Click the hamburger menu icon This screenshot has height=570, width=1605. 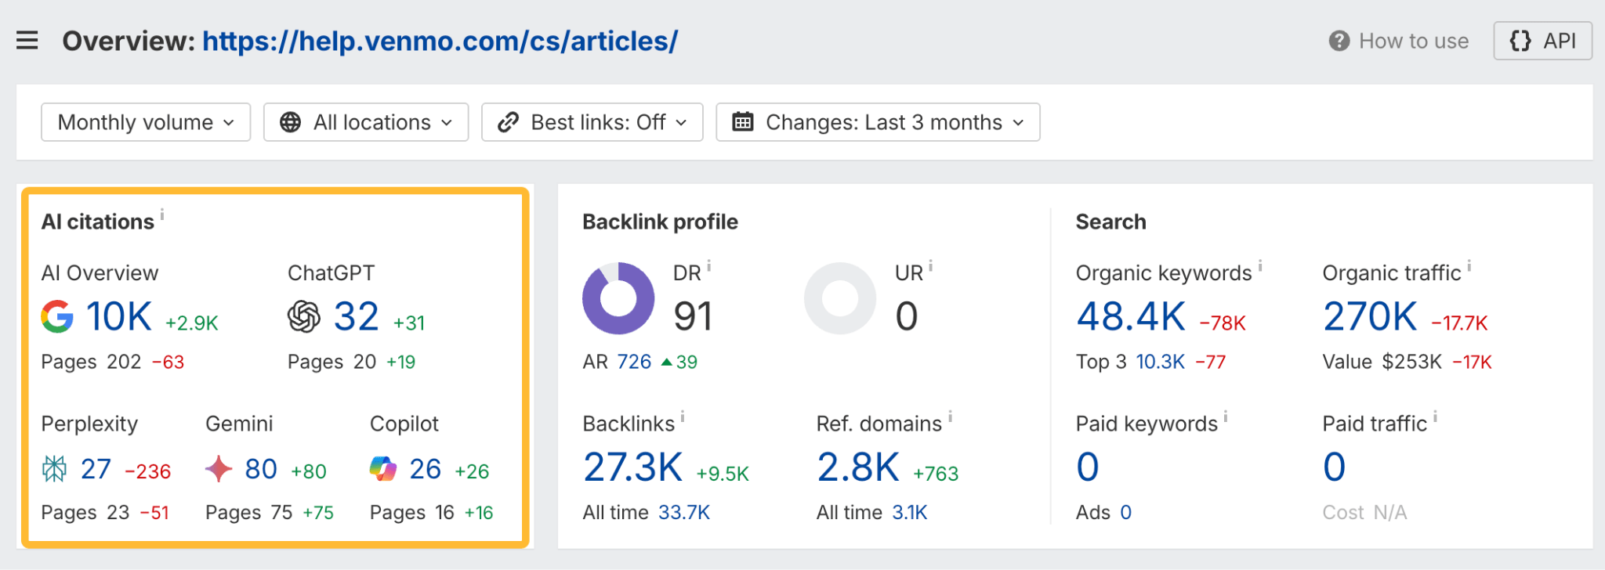[27, 40]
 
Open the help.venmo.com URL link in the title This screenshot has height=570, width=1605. [440, 41]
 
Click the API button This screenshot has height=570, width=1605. [1542, 41]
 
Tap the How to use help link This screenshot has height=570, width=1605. [1399, 41]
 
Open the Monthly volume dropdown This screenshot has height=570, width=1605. [146, 122]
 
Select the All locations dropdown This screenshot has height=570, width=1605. [366, 122]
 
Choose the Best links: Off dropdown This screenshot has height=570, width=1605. [592, 122]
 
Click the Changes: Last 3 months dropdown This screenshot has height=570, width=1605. [878, 122]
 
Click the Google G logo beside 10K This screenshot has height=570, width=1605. [57, 316]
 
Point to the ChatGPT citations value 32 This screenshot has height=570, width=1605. [356, 316]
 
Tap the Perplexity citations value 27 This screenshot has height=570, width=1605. [96, 469]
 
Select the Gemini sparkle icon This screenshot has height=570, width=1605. [219, 469]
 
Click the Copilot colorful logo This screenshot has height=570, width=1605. [383, 469]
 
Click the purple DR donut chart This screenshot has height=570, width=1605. [618, 298]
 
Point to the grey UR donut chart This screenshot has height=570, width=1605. [840, 298]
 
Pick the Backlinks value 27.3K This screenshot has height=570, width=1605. [633, 467]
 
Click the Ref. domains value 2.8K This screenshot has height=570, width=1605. [858, 467]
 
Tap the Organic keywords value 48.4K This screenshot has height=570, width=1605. [1131, 317]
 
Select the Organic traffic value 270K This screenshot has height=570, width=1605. [1370, 317]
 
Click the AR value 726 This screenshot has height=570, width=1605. [634, 362]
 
